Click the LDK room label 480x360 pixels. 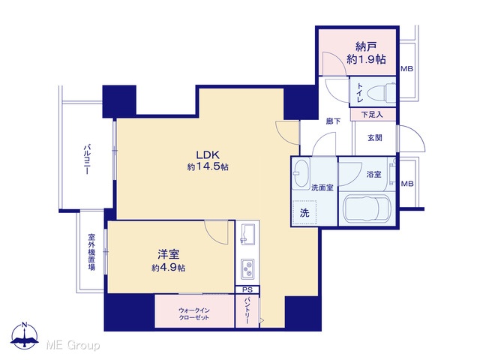(208, 154)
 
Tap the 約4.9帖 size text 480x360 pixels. (168, 268)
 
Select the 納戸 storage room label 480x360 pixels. (366, 46)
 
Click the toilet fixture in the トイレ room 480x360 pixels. (380, 91)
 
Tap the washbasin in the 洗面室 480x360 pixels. (301, 173)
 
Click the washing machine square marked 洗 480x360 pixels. (304, 213)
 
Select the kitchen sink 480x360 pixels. (248, 235)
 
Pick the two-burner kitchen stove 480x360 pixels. (247, 269)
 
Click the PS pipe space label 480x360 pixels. (247, 289)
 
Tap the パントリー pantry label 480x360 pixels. (247, 310)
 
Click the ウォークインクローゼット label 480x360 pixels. (194, 313)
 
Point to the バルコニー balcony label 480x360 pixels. (86, 160)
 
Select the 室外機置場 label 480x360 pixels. (91, 252)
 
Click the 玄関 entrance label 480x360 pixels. (375, 138)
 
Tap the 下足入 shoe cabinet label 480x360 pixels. (372, 115)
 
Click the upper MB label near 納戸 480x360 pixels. (407, 69)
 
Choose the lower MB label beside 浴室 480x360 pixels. (407, 184)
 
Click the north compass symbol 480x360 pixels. (25, 336)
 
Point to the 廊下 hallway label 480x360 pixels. (333, 121)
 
